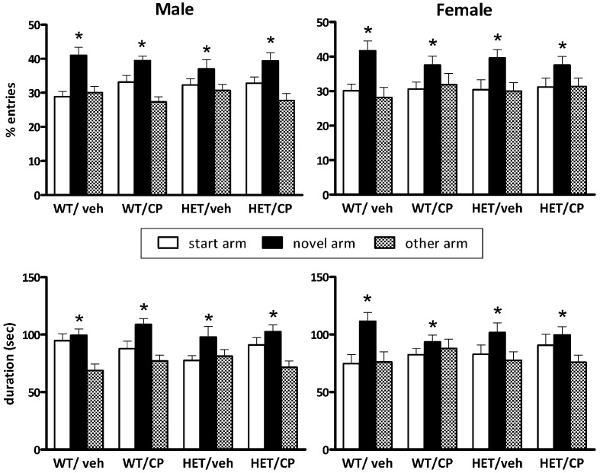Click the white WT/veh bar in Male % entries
tap(63, 145)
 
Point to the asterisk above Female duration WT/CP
tap(433, 325)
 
